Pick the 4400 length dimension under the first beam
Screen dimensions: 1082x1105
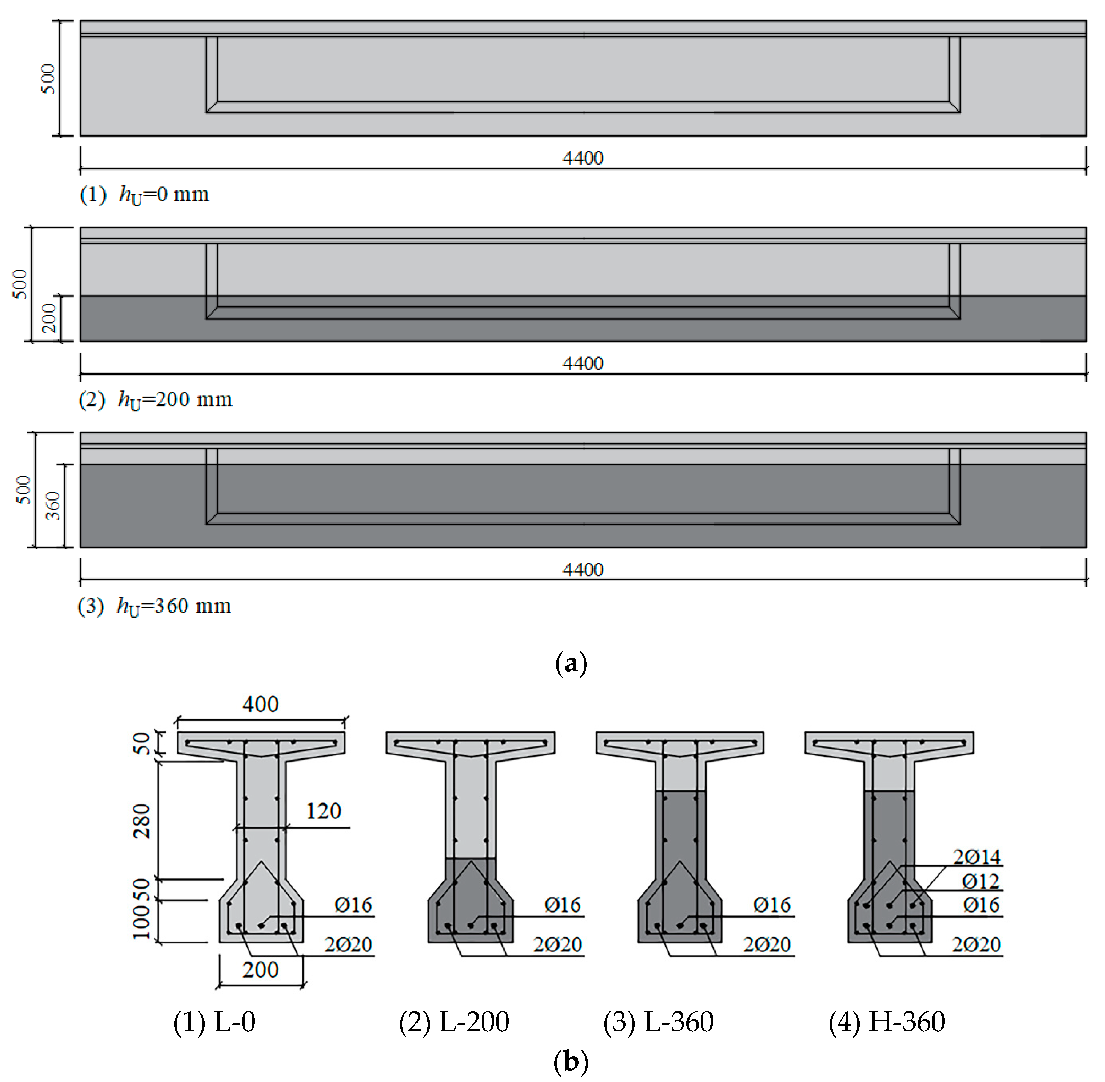582,158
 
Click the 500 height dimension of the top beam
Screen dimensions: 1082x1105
49,79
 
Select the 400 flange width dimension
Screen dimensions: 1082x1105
260,705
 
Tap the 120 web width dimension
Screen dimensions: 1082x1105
323,811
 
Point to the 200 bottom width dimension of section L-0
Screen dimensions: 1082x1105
260,969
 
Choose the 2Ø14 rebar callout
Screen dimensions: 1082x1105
976,856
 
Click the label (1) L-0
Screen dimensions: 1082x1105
214,1022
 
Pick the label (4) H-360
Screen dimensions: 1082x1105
887,1022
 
